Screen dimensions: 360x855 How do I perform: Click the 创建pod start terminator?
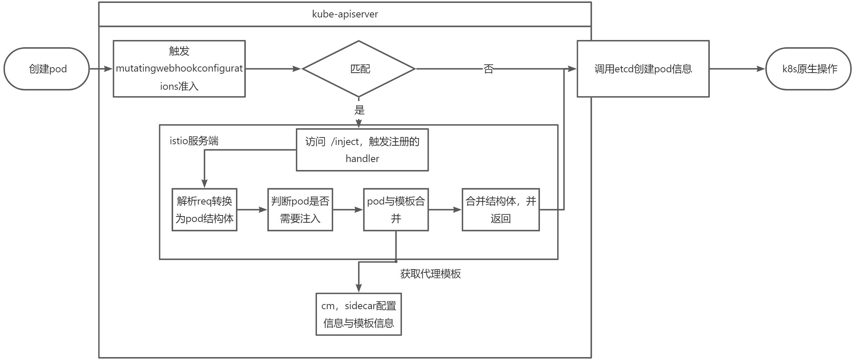[46, 69]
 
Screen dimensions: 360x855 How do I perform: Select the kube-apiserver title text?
[345, 14]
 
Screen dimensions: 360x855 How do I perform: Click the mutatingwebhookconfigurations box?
[179, 69]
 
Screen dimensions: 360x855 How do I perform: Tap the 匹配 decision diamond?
[359, 69]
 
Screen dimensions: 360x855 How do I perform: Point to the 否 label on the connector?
[488, 69]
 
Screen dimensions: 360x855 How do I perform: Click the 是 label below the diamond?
[359, 110]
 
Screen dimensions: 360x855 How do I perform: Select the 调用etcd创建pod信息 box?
[643, 69]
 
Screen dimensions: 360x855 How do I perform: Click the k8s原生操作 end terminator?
[809, 69]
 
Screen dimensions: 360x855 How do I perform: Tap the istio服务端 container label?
[194, 141]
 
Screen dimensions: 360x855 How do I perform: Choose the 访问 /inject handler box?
[362, 150]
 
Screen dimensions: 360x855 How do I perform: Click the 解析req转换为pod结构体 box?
[204, 210]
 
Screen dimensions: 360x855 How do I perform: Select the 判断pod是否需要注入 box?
[300, 210]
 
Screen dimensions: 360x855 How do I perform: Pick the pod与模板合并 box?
[396, 210]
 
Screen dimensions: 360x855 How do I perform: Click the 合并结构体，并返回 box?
[500, 210]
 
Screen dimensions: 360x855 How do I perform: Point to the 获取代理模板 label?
[430, 274]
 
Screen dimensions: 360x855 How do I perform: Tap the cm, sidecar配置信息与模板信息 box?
[358, 314]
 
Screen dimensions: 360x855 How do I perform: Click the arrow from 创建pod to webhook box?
[101, 69]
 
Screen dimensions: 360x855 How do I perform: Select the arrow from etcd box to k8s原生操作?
[737, 69]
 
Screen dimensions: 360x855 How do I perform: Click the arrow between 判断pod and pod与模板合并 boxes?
[347, 210]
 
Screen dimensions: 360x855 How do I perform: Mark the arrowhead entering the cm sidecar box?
[358, 288]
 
